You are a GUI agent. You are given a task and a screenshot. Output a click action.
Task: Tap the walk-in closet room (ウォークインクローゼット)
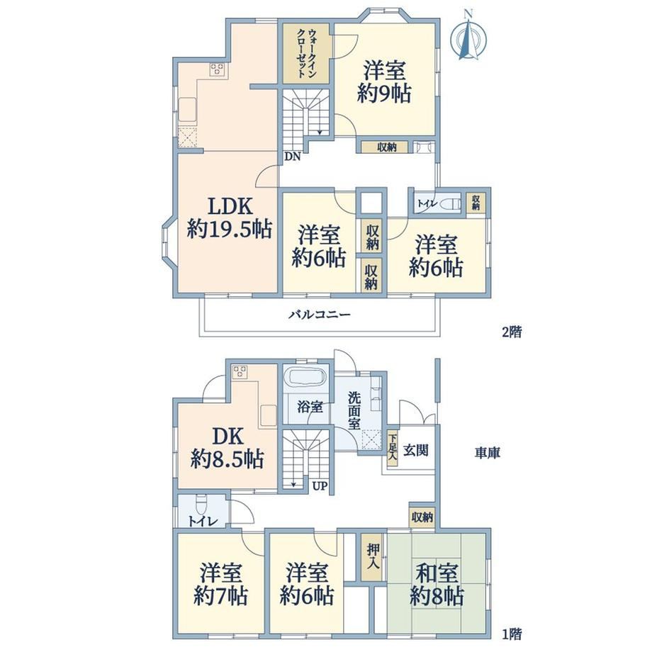[307, 53]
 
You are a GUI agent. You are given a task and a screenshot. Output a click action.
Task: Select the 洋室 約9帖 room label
[384, 81]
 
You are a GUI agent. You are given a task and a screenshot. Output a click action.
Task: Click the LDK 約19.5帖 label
[230, 217]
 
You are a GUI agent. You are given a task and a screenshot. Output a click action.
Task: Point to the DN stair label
[293, 157]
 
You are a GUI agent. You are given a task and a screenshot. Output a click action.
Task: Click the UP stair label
[320, 485]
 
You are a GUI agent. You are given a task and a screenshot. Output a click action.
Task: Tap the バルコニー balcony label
[320, 315]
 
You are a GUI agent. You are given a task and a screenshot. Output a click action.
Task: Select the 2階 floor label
[512, 332]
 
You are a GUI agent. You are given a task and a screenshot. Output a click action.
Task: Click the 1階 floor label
[512, 634]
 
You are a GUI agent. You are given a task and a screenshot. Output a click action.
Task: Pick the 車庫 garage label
[488, 452]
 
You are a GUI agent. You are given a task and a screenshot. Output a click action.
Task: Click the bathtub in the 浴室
[307, 378]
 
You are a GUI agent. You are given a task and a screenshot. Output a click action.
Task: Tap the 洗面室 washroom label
[354, 410]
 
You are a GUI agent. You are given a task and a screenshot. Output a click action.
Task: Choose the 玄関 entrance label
[416, 450]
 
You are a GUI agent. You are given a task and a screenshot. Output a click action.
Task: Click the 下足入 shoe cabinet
[392, 447]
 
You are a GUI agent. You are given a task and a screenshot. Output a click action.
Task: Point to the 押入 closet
[373, 557]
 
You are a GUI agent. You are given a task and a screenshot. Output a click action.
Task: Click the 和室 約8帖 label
[437, 585]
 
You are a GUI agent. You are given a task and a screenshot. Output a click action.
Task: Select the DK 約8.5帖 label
[227, 448]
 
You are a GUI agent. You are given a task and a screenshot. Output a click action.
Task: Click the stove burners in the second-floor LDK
[217, 69]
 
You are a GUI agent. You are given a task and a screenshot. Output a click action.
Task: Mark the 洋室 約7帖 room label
[221, 584]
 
